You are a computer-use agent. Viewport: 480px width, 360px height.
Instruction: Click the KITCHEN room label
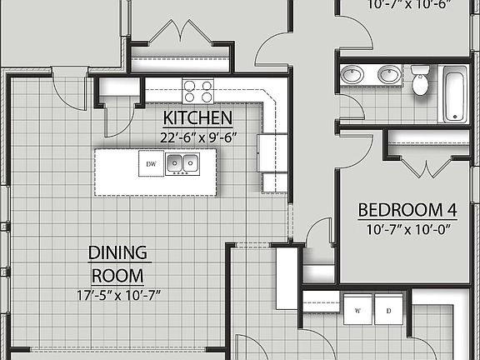(197, 117)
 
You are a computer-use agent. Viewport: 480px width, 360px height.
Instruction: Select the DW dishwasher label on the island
(152, 164)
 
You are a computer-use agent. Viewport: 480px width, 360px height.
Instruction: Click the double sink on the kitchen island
(181, 163)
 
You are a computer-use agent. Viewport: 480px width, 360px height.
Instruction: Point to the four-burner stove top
(197, 88)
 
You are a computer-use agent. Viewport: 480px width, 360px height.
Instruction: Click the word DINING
(118, 252)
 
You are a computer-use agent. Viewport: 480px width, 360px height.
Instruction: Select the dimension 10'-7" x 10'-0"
(402, 229)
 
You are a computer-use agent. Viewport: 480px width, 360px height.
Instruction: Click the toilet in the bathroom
(420, 81)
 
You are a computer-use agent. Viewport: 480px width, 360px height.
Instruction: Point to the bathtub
(455, 93)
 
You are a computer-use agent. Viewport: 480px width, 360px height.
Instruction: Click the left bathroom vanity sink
(352, 75)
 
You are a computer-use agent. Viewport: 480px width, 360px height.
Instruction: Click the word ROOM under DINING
(118, 275)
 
